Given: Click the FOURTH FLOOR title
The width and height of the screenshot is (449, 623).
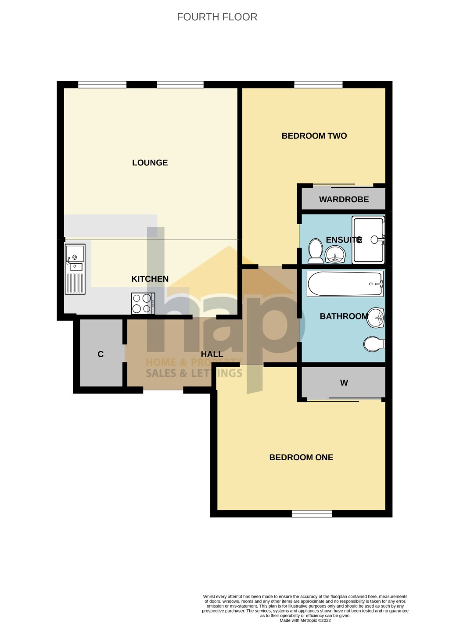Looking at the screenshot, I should point(217,17).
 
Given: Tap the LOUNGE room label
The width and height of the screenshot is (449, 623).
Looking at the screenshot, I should point(150,163).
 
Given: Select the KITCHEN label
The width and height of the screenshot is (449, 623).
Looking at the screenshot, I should point(150,279).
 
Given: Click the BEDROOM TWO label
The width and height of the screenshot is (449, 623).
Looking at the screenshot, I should point(314,136).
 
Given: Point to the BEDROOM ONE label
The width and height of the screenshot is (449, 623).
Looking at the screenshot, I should point(301,458).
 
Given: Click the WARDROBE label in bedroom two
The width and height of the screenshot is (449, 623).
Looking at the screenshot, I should point(344,200).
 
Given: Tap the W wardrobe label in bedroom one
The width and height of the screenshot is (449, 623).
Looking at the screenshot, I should point(344,383).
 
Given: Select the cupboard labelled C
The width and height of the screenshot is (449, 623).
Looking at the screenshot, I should point(101,354).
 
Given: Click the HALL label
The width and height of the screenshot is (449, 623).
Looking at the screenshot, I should point(212,354).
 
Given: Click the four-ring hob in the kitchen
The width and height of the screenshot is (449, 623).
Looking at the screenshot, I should point(143,304).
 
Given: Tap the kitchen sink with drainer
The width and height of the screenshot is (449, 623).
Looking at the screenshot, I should point(75,269).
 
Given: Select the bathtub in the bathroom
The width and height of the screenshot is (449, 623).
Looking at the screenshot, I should point(345,284).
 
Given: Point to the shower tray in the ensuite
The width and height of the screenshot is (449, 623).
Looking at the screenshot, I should point(369,240).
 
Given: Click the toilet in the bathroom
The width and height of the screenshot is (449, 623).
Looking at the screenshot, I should point(374,344).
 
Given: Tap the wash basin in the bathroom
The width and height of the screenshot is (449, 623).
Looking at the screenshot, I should point(376,318).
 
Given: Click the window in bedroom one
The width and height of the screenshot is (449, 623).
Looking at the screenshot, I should point(312,514).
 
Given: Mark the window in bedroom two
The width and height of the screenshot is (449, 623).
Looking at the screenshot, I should point(318,85).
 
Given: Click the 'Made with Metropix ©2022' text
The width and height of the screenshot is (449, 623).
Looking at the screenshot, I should point(305,620).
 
